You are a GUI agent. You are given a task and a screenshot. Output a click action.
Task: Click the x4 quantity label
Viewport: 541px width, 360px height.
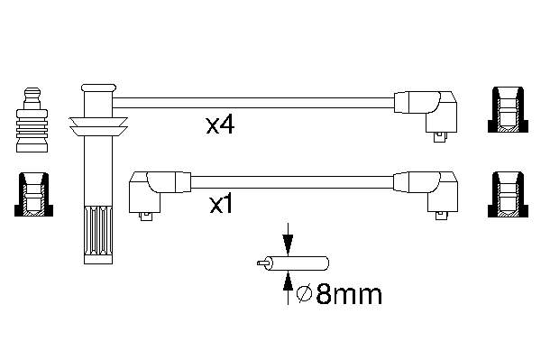click(x=220, y=125)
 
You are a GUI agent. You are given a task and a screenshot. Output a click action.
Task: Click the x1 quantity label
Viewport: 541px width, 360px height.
click(x=221, y=205)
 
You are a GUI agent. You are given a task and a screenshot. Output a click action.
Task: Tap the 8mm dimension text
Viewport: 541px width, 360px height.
click(x=349, y=294)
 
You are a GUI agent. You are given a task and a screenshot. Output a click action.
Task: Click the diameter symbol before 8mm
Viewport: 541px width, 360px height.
click(x=305, y=294)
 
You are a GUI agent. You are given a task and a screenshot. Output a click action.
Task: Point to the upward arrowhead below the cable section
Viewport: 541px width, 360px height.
click(x=288, y=281)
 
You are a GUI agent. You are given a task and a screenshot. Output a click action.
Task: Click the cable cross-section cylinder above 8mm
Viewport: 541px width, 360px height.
click(x=296, y=263)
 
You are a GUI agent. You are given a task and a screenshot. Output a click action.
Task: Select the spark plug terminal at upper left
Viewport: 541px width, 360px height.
click(x=32, y=120)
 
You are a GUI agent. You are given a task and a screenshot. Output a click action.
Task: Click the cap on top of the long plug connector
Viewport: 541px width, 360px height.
click(x=98, y=88)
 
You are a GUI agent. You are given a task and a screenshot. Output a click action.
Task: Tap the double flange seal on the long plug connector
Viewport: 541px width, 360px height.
click(x=98, y=126)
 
